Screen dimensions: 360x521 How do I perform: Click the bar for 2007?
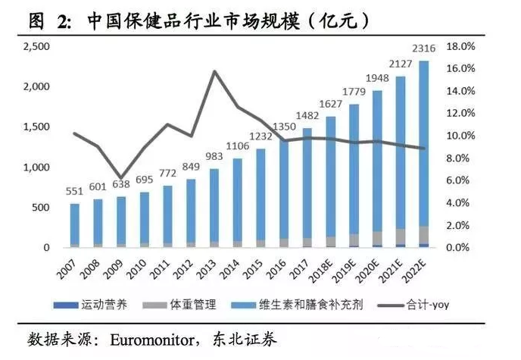click(x=75, y=225)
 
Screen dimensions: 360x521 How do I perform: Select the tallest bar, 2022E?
click(x=423, y=152)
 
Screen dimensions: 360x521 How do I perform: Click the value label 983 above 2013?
click(x=214, y=156)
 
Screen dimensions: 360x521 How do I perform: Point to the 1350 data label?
click(x=283, y=126)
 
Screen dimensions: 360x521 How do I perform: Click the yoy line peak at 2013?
click(x=214, y=71)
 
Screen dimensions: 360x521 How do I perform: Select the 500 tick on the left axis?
click(x=41, y=208)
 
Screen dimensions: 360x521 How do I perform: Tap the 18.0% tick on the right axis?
click(x=459, y=46)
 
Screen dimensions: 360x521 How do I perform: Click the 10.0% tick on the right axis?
click(x=459, y=136)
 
